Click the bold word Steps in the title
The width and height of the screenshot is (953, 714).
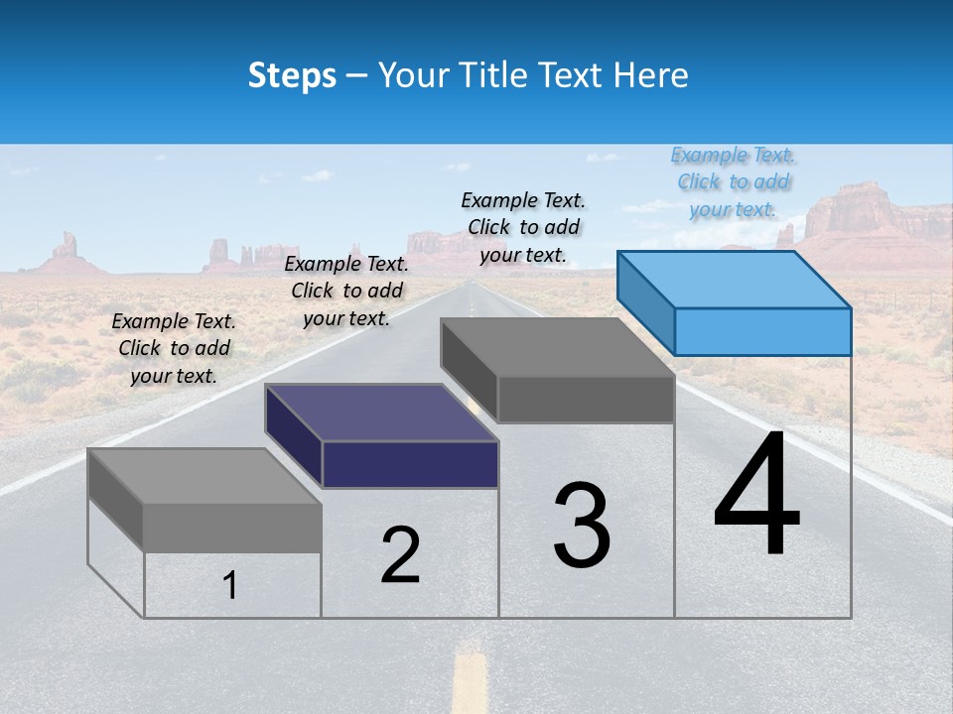[x=292, y=75]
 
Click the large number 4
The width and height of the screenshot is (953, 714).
[x=756, y=496]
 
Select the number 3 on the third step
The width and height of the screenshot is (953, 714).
[x=582, y=526]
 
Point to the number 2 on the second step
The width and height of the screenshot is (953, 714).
[x=400, y=556]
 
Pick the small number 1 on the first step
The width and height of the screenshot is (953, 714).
[x=230, y=586]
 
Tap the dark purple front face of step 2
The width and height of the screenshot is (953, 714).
[x=410, y=464]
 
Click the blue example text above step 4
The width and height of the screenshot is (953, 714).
[x=733, y=182]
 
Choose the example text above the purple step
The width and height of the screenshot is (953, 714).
[x=346, y=292]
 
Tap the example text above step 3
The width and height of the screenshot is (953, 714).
[x=523, y=228]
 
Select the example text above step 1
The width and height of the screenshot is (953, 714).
[x=174, y=349]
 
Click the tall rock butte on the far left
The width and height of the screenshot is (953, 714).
[x=67, y=251]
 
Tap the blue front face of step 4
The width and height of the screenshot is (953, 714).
[x=762, y=331]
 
